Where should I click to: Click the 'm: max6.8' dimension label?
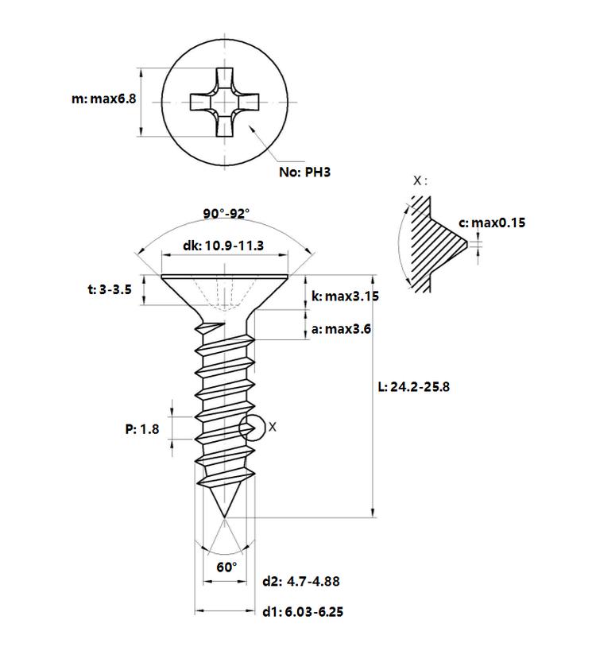point(104,99)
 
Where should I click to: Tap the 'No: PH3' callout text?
point(304,172)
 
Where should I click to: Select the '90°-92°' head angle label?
point(226,213)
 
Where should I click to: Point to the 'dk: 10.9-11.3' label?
point(223,246)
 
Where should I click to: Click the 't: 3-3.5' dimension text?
point(110,290)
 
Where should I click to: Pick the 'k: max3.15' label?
point(345,296)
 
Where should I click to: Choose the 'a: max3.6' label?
point(341,329)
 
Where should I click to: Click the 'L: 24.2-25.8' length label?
point(413,387)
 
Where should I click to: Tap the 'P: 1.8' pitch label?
point(141,429)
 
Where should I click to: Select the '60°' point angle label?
point(226,567)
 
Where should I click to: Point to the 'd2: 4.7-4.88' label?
point(300,582)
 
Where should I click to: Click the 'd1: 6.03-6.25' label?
point(303,612)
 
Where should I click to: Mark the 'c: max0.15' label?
point(492,223)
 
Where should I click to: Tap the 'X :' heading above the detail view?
point(420,180)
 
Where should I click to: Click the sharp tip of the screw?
point(224,517)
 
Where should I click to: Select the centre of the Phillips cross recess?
point(224,103)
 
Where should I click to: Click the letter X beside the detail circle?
point(272,427)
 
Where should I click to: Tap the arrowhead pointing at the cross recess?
point(251,128)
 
